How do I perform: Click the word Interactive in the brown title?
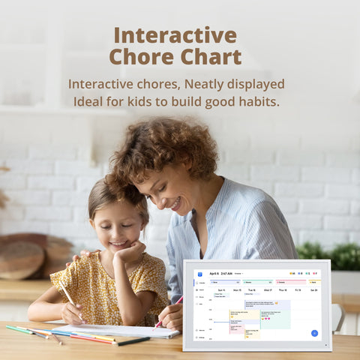point(175,35)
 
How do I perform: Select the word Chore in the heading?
point(141,57)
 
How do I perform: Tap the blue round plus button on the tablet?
point(314,333)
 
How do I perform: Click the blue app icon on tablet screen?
point(199,274)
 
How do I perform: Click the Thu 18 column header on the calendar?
point(283,289)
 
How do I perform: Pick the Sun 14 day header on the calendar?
point(221,289)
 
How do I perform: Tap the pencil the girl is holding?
point(69,297)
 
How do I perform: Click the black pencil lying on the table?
point(132,341)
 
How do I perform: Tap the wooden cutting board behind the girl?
point(20,259)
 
